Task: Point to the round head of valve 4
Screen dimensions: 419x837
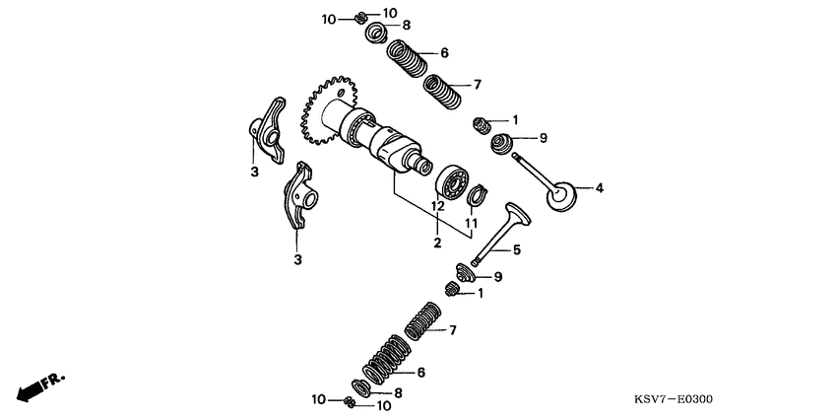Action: [x=561, y=193]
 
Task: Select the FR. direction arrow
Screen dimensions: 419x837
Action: [x=38, y=385]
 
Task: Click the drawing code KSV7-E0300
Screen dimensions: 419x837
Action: [x=674, y=399]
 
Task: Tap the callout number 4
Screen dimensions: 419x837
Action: [x=599, y=187]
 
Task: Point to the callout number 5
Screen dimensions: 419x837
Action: [x=516, y=250]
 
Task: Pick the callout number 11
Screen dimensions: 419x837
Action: [x=471, y=224]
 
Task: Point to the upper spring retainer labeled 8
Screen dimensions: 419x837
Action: [x=376, y=35]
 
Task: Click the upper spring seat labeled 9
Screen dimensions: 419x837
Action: [x=505, y=143]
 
